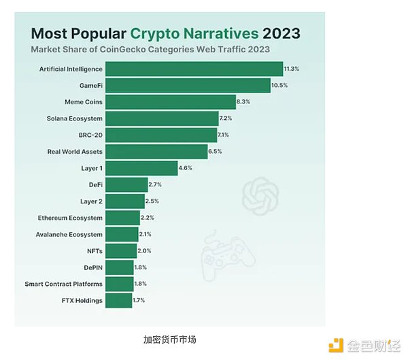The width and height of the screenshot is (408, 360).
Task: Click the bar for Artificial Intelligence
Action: click(x=194, y=69)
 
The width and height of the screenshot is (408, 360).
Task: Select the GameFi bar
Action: click(x=188, y=85)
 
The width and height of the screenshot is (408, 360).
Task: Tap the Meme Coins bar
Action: click(x=171, y=102)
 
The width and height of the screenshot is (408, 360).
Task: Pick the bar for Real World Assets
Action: click(x=156, y=151)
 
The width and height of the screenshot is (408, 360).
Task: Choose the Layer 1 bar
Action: click(x=141, y=167)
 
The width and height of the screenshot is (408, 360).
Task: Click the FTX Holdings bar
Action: click(x=119, y=300)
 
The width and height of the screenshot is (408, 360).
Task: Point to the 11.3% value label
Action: click(x=292, y=69)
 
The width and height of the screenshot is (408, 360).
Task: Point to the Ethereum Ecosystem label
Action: click(x=70, y=218)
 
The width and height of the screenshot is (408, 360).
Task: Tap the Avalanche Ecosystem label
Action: click(x=69, y=234)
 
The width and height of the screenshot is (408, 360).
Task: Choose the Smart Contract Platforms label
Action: click(x=64, y=284)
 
